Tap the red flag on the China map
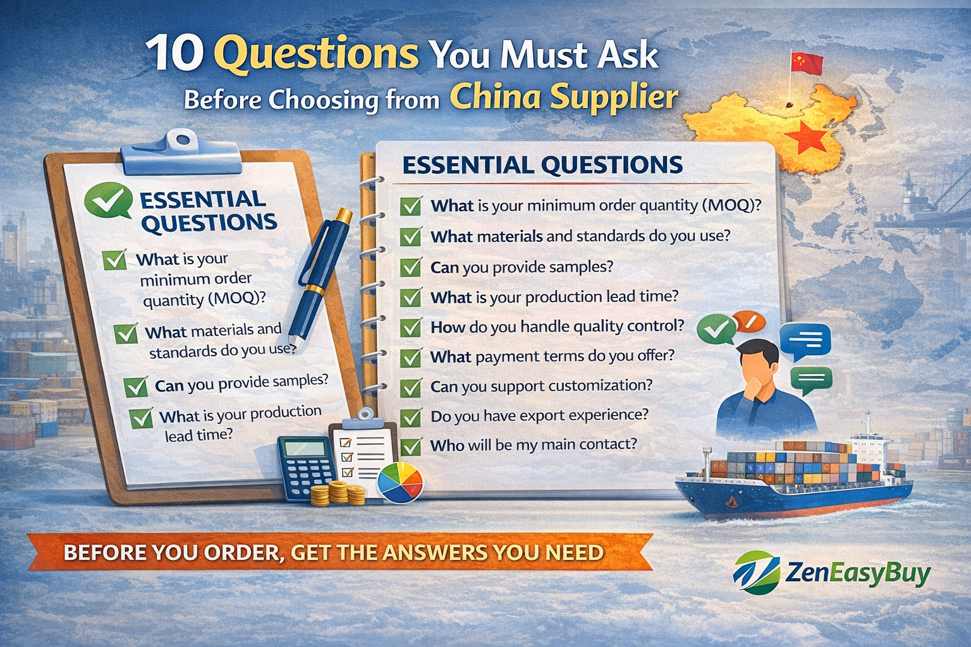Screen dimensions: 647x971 click(x=806, y=63)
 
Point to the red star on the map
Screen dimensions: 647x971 click(x=805, y=138)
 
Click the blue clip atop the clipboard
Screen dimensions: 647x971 click(x=181, y=152)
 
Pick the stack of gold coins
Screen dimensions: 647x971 click(x=338, y=493)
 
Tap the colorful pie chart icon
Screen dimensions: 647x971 click(x=400, y=483)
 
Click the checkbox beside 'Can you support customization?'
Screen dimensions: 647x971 click(x=411, y=387)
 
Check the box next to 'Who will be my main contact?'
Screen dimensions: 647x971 click(x=411, y=447)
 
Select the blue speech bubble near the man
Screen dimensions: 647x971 click(x=805, y=341)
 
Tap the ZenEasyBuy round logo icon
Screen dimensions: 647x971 click(x=756, y=572)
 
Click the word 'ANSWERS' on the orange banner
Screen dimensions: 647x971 click(x=435, y=552)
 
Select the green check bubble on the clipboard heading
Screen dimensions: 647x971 click(x=108, y=200)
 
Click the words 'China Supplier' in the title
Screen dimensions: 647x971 click(x=564, y=97)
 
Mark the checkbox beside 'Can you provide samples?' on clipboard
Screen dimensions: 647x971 click(x=136, y=387)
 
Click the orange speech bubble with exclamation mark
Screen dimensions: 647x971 click(x=748, y=322)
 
